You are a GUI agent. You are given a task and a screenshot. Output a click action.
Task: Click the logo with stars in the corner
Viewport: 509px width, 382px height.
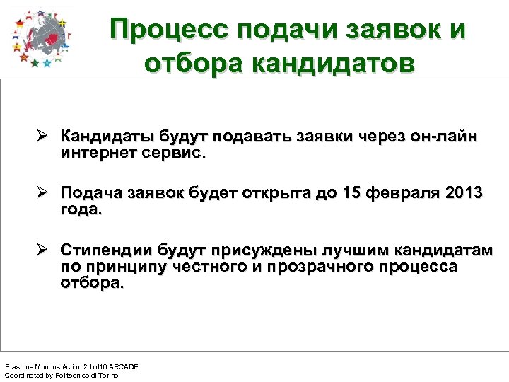pos(41,38)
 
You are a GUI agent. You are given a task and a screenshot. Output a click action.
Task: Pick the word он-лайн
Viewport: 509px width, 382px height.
pos(443,136)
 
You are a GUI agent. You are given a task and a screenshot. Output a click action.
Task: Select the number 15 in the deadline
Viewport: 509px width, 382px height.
pos(351,193)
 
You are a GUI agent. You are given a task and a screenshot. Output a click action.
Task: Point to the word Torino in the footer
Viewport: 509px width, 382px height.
pos(107,375)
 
